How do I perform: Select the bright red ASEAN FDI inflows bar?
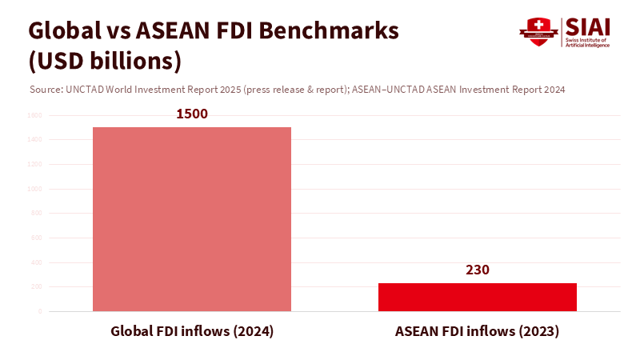[477, 297]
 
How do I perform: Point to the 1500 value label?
[192, 114]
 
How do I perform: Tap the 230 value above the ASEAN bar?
[477, 270]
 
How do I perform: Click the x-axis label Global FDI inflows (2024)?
[192, 331]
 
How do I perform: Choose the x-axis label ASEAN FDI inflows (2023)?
[477, 331]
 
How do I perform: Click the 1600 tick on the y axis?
[34, 115]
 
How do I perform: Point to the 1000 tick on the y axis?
[34, 189]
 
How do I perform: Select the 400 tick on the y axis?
[36, 262]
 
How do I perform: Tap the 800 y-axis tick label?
[36, 214]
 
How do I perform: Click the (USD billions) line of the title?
[105, 61]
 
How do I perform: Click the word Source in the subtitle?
[44, 90]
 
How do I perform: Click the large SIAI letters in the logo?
[587, 27]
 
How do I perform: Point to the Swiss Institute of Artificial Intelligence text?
[588, 42]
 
